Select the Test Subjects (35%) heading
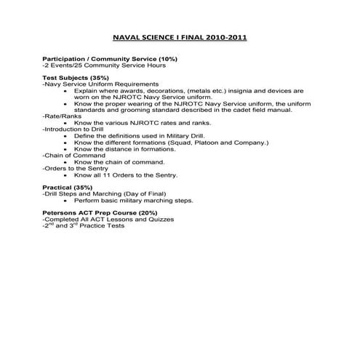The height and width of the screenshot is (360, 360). coord(76,78)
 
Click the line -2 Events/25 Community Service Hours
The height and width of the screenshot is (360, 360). coord(104,65)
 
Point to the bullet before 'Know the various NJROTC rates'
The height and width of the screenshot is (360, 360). coord(67,123)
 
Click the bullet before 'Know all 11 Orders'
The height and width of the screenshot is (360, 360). coord(67,175)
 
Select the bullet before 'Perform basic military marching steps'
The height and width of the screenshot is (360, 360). coord(67,200)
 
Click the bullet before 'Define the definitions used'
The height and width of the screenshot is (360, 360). coord(67,136)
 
